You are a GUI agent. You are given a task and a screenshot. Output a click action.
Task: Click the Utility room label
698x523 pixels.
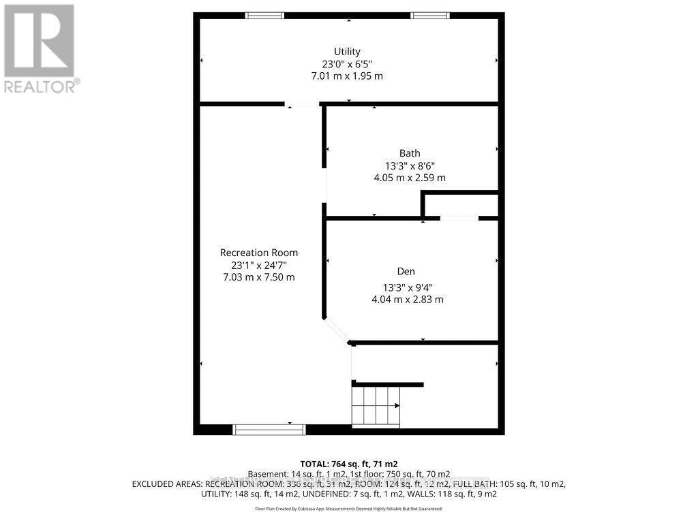tap(347, 51)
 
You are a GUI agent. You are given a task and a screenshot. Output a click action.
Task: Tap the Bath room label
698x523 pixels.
tap(410, 153)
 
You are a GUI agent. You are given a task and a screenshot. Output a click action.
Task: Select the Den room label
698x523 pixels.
tap(407, 271)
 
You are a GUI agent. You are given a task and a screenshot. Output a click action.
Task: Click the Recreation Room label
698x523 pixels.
tap(258, 253)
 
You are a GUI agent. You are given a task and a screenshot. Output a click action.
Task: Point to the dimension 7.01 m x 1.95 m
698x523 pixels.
tap(347, 76)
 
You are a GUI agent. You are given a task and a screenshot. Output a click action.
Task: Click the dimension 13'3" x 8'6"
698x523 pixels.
tap(410, 165)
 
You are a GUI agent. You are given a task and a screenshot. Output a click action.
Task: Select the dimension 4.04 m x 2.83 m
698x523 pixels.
tap(407, 299)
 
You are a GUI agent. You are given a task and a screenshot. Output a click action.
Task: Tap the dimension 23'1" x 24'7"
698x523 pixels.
tap(258, 265)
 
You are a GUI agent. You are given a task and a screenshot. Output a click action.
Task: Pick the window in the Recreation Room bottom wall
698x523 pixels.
tap(269, 429)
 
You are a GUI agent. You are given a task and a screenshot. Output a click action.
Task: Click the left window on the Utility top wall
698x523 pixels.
tap(264, 15)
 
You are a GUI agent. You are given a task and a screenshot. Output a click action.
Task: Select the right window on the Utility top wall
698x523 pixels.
tap(430, 15)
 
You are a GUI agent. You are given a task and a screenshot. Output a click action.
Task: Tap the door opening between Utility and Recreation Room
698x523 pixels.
tap(302, 104)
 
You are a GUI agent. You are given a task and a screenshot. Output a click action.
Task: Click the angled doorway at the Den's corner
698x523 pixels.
tap(337, 330)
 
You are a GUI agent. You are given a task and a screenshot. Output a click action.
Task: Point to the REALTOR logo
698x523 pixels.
tap(40, 48)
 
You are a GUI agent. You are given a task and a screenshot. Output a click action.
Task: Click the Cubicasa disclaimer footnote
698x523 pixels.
tap(348, 509)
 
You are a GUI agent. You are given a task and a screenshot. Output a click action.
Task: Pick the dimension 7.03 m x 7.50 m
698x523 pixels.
tap(258, 277)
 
